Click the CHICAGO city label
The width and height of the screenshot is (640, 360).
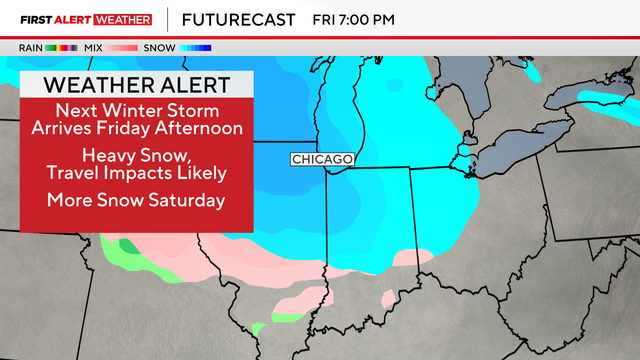tap(321, 159)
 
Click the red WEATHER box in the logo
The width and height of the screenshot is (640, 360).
tap(117, 19)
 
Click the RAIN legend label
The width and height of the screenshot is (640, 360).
tap(30, 47)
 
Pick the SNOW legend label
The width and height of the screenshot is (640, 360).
tap(161, 47)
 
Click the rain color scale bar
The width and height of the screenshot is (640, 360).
tap(62, 47)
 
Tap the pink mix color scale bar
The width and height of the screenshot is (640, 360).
tap(124, 47)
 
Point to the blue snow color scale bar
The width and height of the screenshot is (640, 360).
tap(196, 47)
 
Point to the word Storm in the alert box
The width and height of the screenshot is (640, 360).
tap(195, 109)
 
